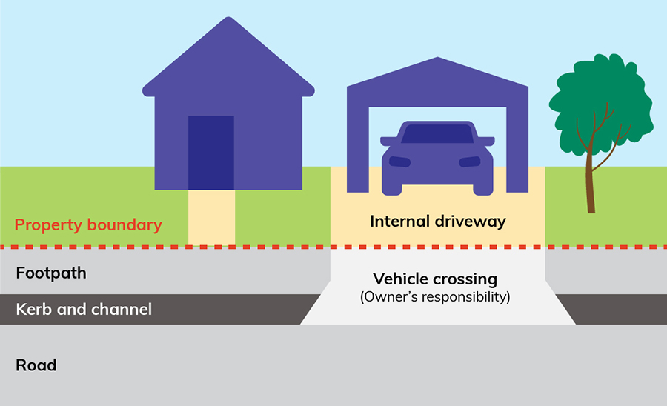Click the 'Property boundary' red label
[x=88, y=225]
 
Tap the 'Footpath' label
[x=51, y=273]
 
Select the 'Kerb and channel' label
[x=84, y=308]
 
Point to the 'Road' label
[x=36, y=365]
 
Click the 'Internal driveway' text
[x=437, y=221]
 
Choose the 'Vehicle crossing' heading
[x=435, y=279]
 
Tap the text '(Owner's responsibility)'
[x=435, y=298]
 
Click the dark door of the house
[x=211, y=152]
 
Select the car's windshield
[x=437, y=134]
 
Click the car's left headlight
[x=399, y=162]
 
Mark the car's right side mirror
[x=486, y=140]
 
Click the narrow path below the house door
[x=211, y=216]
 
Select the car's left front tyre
[x=391, y=187]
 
